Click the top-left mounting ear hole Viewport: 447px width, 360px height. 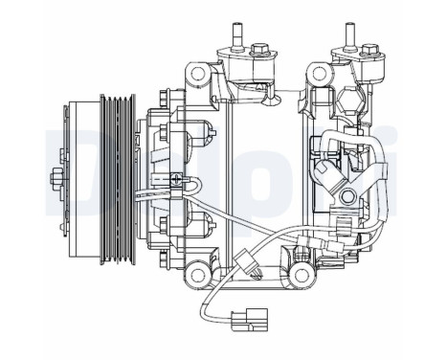[197, 74]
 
